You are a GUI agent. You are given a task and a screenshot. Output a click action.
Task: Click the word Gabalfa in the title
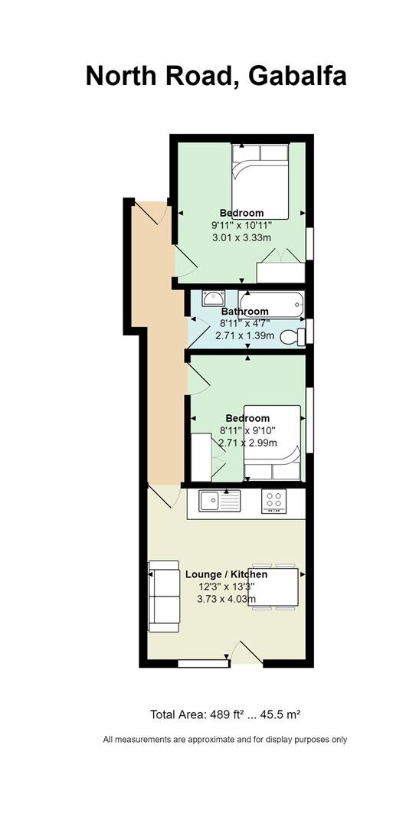click(x=298, y=76)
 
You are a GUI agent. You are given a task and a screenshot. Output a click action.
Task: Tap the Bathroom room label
click(x=245, y=311)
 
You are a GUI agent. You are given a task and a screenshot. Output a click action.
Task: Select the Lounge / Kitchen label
click(x=226, y=574)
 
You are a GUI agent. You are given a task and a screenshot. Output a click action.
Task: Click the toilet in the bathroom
click(x=293, y=336)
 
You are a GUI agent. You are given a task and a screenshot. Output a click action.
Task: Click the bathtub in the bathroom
click(x=271, y=304)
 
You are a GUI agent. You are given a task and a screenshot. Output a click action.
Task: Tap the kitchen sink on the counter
click(x=219, y=500)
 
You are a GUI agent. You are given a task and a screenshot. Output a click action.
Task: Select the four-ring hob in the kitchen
click(x=274, y=501)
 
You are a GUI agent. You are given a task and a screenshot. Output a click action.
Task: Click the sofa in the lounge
click(x=164, y=596)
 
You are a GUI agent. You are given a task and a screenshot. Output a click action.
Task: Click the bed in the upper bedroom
click(x=260, y=181)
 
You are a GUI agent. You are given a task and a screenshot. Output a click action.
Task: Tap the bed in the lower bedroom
click(x=273, y=443)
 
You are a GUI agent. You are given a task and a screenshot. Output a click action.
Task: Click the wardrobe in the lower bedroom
click(x=201, y=456)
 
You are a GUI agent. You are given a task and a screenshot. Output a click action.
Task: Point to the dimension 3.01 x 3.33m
click(x=241, y=237)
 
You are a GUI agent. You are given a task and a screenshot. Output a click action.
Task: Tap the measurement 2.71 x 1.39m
click(x=245, y=335)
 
